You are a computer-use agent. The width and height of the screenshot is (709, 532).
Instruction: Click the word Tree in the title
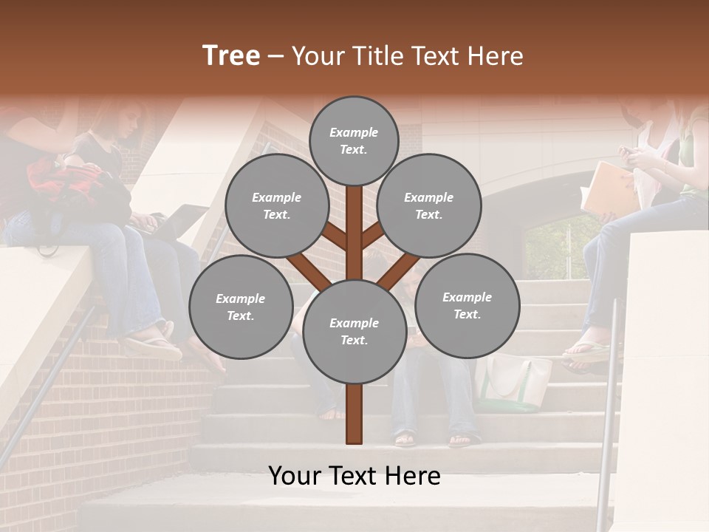click(231, 56)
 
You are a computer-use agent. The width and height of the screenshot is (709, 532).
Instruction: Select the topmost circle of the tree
click(354, 140)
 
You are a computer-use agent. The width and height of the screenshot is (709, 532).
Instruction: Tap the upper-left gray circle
click(276, 205)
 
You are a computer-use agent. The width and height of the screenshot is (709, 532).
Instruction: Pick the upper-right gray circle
click(428, 205)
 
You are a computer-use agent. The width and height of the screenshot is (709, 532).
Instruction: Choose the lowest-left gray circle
click(240, 307)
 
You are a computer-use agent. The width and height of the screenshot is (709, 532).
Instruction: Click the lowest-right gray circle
click(467, 305)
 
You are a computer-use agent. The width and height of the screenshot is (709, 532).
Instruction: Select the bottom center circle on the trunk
click(354, 331)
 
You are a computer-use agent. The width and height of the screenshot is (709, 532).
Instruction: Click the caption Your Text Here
click(354, 476)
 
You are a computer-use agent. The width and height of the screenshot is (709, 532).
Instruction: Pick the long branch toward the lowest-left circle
click(309, 272)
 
